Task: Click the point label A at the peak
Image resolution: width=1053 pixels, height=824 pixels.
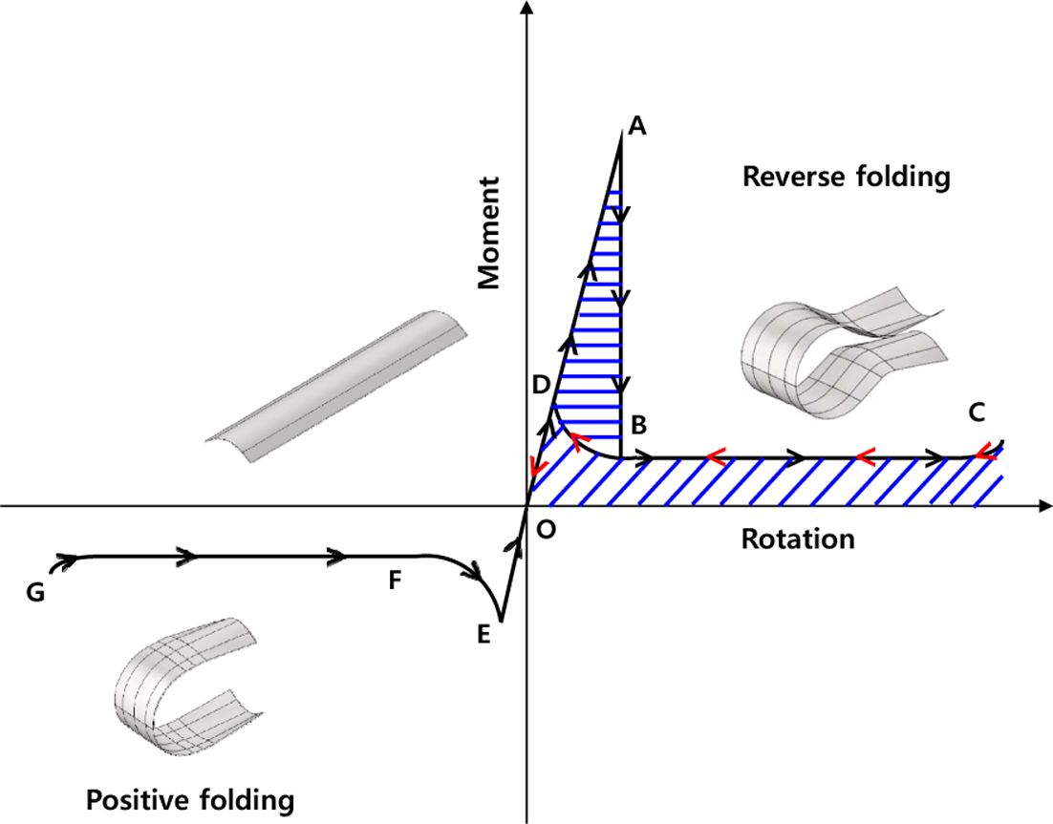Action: [638, 126]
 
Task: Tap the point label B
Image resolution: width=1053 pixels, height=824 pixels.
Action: [639, 423]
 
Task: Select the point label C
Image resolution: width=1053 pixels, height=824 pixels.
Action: [976, 412]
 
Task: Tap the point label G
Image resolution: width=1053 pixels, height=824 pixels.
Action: [35, 593]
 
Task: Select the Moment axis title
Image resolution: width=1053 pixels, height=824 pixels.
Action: [490, 232]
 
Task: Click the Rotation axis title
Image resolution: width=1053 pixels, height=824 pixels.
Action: [797, 539]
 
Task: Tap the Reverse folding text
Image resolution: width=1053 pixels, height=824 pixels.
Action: [846, 177]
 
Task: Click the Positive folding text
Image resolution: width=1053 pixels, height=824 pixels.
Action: [190, 798]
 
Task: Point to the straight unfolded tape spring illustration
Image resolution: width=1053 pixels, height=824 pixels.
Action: [337, 386]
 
